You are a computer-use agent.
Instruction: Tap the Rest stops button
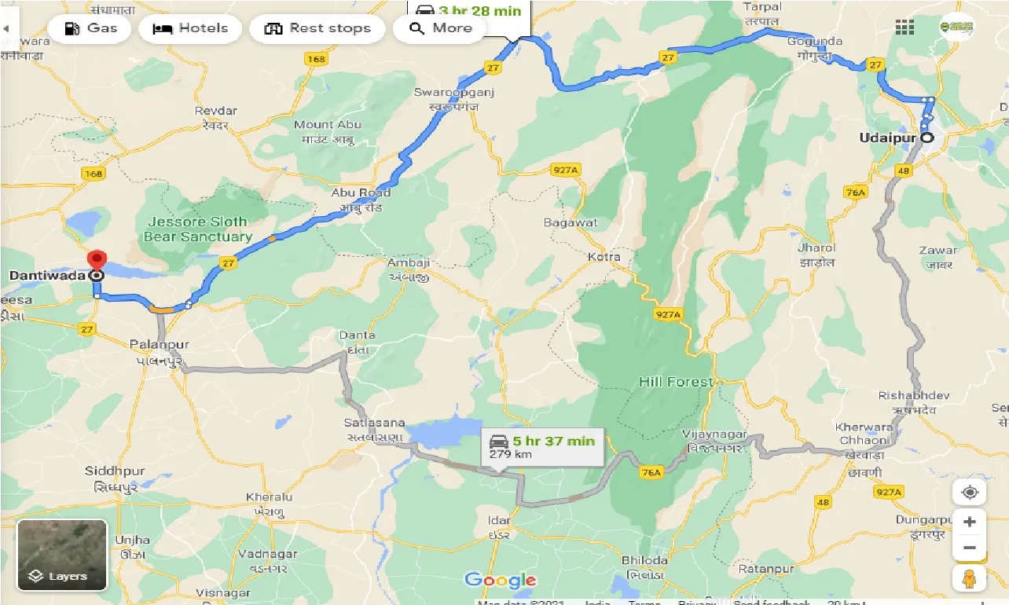coord(317,28)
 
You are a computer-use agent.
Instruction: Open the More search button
coord(439,28)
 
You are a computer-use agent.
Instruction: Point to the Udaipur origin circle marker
coord(927,137)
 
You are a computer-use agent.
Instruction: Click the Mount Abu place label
coord(327,125)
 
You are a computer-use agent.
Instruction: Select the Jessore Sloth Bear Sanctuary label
coord(197,229)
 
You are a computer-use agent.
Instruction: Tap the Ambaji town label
coord(408,262)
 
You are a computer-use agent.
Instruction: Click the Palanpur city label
coord(160,344)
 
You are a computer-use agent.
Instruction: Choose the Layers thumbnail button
coord(61,555)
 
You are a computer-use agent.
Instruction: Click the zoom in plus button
coord(970,522)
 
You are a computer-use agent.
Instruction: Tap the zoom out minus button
coord(970,548)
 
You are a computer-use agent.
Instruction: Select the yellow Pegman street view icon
coord(970,577)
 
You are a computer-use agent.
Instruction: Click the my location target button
coord(970,493)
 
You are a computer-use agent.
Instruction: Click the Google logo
coord(500,581)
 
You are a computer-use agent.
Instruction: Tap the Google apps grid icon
coord(904,27)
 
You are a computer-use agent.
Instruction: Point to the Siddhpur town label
coord(115,471)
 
